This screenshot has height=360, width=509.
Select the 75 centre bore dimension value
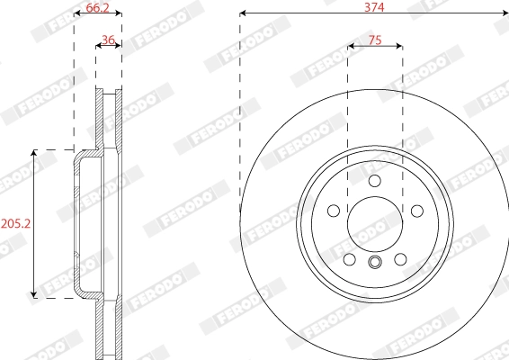[x=375, y=40]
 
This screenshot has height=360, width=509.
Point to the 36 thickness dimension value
[x=108, y=40]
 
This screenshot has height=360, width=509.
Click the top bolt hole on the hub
[x=375, y=182]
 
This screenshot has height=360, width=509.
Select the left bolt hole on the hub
[x=334, y=211]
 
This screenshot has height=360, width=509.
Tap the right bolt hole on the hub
[x=417, y=211]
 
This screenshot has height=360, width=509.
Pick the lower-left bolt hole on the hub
[x=350, y=259]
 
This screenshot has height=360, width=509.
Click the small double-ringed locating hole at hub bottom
[x=375, y=263]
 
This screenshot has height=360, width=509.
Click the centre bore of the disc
[x=375, y=223]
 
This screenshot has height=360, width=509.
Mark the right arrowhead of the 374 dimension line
[x=505, y=13]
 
